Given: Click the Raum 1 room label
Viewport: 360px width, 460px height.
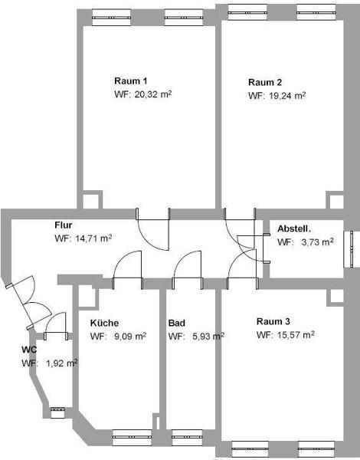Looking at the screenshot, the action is point(131,80).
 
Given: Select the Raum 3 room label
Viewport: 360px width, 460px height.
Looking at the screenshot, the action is point(273,321).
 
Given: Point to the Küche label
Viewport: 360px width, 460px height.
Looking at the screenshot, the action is point(104,323).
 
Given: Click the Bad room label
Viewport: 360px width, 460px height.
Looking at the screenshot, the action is point(176,323).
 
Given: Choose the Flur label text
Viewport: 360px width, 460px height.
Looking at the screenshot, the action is point(64,225).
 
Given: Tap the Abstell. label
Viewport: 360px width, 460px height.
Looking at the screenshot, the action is point(294,228).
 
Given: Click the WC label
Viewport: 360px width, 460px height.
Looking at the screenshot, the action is point(29,350).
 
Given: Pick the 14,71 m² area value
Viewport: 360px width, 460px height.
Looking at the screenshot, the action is point(93,238).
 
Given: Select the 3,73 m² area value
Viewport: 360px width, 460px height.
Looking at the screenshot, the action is point(318,242).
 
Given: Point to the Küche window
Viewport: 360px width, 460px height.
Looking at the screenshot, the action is point(132,438).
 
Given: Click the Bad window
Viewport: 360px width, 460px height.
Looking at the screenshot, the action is point(187,438).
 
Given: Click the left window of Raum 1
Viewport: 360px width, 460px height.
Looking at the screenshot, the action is point(111,18).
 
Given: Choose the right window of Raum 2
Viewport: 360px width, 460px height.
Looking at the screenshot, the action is point(316,12).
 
